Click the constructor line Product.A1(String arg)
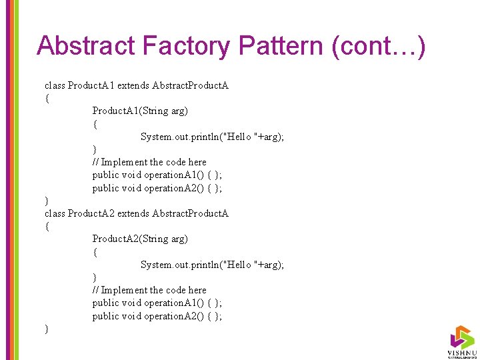pos(140,111)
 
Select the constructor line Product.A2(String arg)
pos(140,239)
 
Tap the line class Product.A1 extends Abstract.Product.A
pos(137,85)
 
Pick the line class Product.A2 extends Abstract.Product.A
pos(137,213)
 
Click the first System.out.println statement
pos(212,137)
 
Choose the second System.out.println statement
pos(212,265)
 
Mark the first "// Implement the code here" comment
pos(149,162)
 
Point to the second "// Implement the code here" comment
pos(149,290)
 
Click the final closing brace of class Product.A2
pos(46,329)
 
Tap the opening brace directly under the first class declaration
pos(46,98)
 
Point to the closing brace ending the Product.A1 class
pos(46,201)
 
